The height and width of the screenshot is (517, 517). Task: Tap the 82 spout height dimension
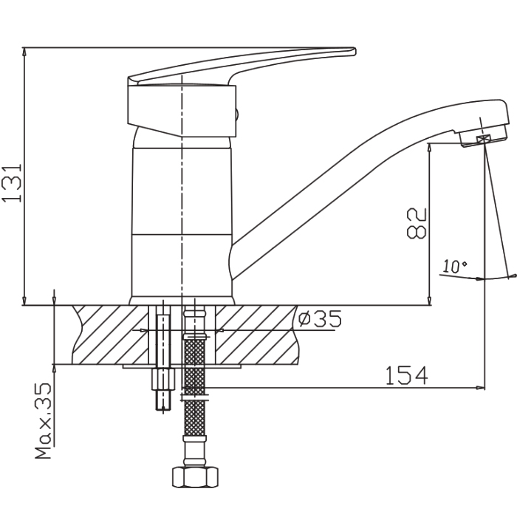click(x=417, y=222)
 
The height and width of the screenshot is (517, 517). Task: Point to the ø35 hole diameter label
click(x=318, y=319)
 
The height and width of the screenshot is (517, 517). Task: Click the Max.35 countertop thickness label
click(x=44, y=421)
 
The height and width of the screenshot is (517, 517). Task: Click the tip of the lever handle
click(x=350, y=52)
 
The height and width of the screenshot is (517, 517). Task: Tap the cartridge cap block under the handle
click(x=181, y=111)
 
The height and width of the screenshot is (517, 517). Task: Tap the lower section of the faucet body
click(x=181, y=266)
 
